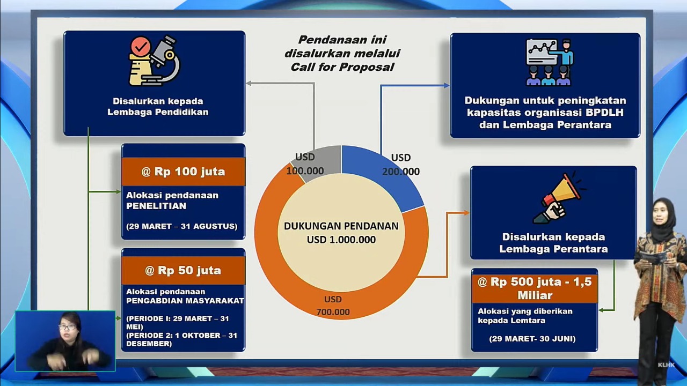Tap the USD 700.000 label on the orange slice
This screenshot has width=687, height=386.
[333, 306]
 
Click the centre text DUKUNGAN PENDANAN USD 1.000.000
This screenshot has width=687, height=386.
[341, 233]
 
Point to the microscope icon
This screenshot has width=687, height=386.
[154, 61]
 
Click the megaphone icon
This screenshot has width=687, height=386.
[558, 198]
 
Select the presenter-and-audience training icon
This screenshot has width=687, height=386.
[549, 62]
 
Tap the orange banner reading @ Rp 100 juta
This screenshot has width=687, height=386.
[184, 172]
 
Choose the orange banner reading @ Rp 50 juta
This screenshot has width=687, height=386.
[184, 270]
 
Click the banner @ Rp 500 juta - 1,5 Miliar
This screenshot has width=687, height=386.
[535, 288]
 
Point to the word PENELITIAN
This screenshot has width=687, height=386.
[156, 206]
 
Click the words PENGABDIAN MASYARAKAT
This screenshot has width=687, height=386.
[185, 301]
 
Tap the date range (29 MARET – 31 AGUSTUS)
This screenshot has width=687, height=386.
[181, 226]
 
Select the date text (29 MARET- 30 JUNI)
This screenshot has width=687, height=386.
[532, 339]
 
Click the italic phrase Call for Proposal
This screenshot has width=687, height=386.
[342, 67]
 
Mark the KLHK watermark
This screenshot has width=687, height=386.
[666, 365]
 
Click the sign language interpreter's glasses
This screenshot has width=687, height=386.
[67, 327]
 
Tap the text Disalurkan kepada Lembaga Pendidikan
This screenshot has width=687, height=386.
[158, 106]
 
